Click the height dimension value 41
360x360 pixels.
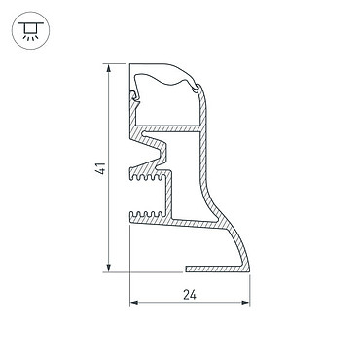coord(102,168)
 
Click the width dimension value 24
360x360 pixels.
coord(190,295)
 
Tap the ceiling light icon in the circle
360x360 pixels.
coord(30,30)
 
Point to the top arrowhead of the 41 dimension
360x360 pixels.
coord(109,67)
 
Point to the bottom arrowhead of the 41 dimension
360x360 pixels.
coord(109,269)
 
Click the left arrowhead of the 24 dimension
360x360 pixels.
coord(134,303)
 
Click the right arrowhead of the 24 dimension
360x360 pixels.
coord(246,303)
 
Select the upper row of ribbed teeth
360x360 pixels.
coord(148,177)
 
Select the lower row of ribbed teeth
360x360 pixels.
coord(148,214)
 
